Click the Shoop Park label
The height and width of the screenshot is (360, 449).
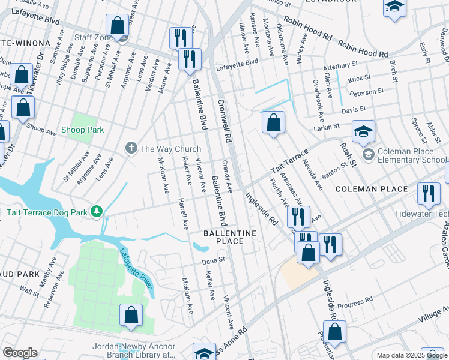click(x=82, y=130)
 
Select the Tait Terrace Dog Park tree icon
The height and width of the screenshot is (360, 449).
click(x=96, y=212)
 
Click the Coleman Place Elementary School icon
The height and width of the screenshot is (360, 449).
click(x=367, y=155)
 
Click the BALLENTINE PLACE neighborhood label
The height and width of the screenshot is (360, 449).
click(x=230, y=237)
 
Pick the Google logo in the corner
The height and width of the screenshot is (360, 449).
click(x=20, y=353)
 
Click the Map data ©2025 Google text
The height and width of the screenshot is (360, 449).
click(x=412, y=355)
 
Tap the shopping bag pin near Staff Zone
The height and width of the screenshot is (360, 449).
click(x=118, y=26)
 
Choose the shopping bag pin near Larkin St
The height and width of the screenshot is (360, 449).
click(x=273, y=123)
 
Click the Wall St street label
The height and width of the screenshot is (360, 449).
click(x=28, y=290)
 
